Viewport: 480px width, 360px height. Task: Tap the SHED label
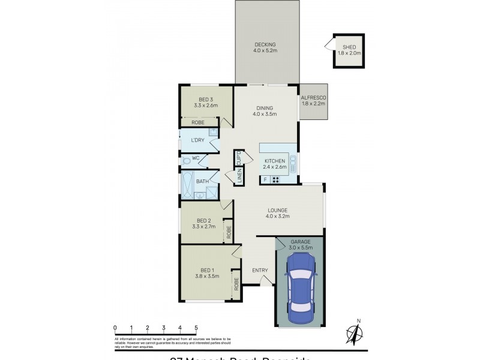pos(349,47)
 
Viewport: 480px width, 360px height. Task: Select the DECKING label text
pos(265,44)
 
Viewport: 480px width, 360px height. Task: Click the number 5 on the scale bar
pos(196,328)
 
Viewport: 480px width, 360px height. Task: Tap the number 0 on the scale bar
pos(115,328)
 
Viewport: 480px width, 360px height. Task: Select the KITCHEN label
pos(274,161)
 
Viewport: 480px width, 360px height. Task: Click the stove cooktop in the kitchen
pos(276,179)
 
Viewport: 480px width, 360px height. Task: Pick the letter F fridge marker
pos(265,179)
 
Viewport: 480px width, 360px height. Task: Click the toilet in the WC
pos(187,160)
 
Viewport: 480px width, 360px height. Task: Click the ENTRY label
pos(260,270)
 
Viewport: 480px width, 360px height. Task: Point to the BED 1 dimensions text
pos(206,277)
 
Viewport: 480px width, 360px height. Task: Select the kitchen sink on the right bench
pos(292,163)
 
